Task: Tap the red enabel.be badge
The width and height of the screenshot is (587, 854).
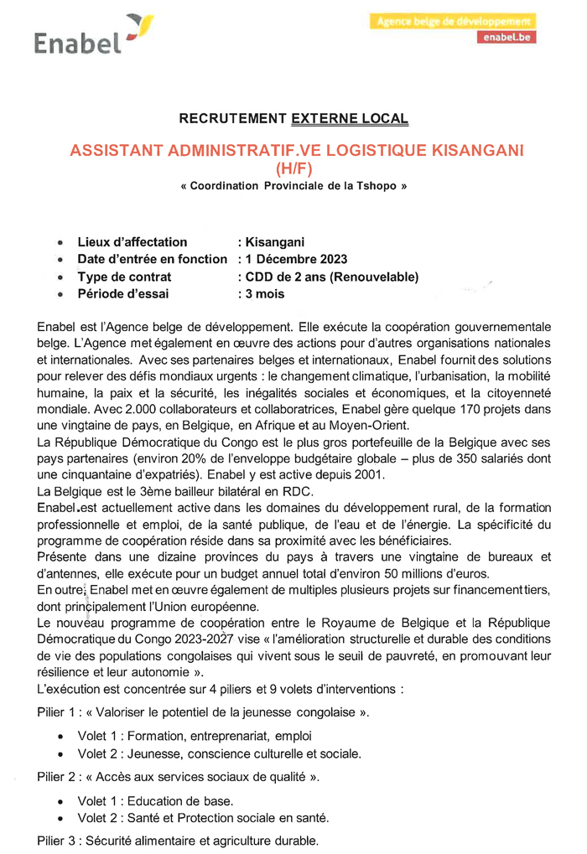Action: [506, 38]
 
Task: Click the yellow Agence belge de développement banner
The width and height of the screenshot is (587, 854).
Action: [452, 21]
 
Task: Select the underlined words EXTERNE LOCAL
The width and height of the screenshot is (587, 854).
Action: [350, 119]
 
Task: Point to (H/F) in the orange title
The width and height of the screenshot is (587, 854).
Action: [293, 169]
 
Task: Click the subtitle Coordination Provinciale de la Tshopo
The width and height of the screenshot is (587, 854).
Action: [293, 186]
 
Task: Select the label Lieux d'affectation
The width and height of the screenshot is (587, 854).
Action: [132, 242]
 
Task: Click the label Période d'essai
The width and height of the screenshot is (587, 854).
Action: [122, 293]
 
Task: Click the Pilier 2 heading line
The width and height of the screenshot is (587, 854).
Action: [178, 777]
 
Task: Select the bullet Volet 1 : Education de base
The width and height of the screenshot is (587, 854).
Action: [155, 801]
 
